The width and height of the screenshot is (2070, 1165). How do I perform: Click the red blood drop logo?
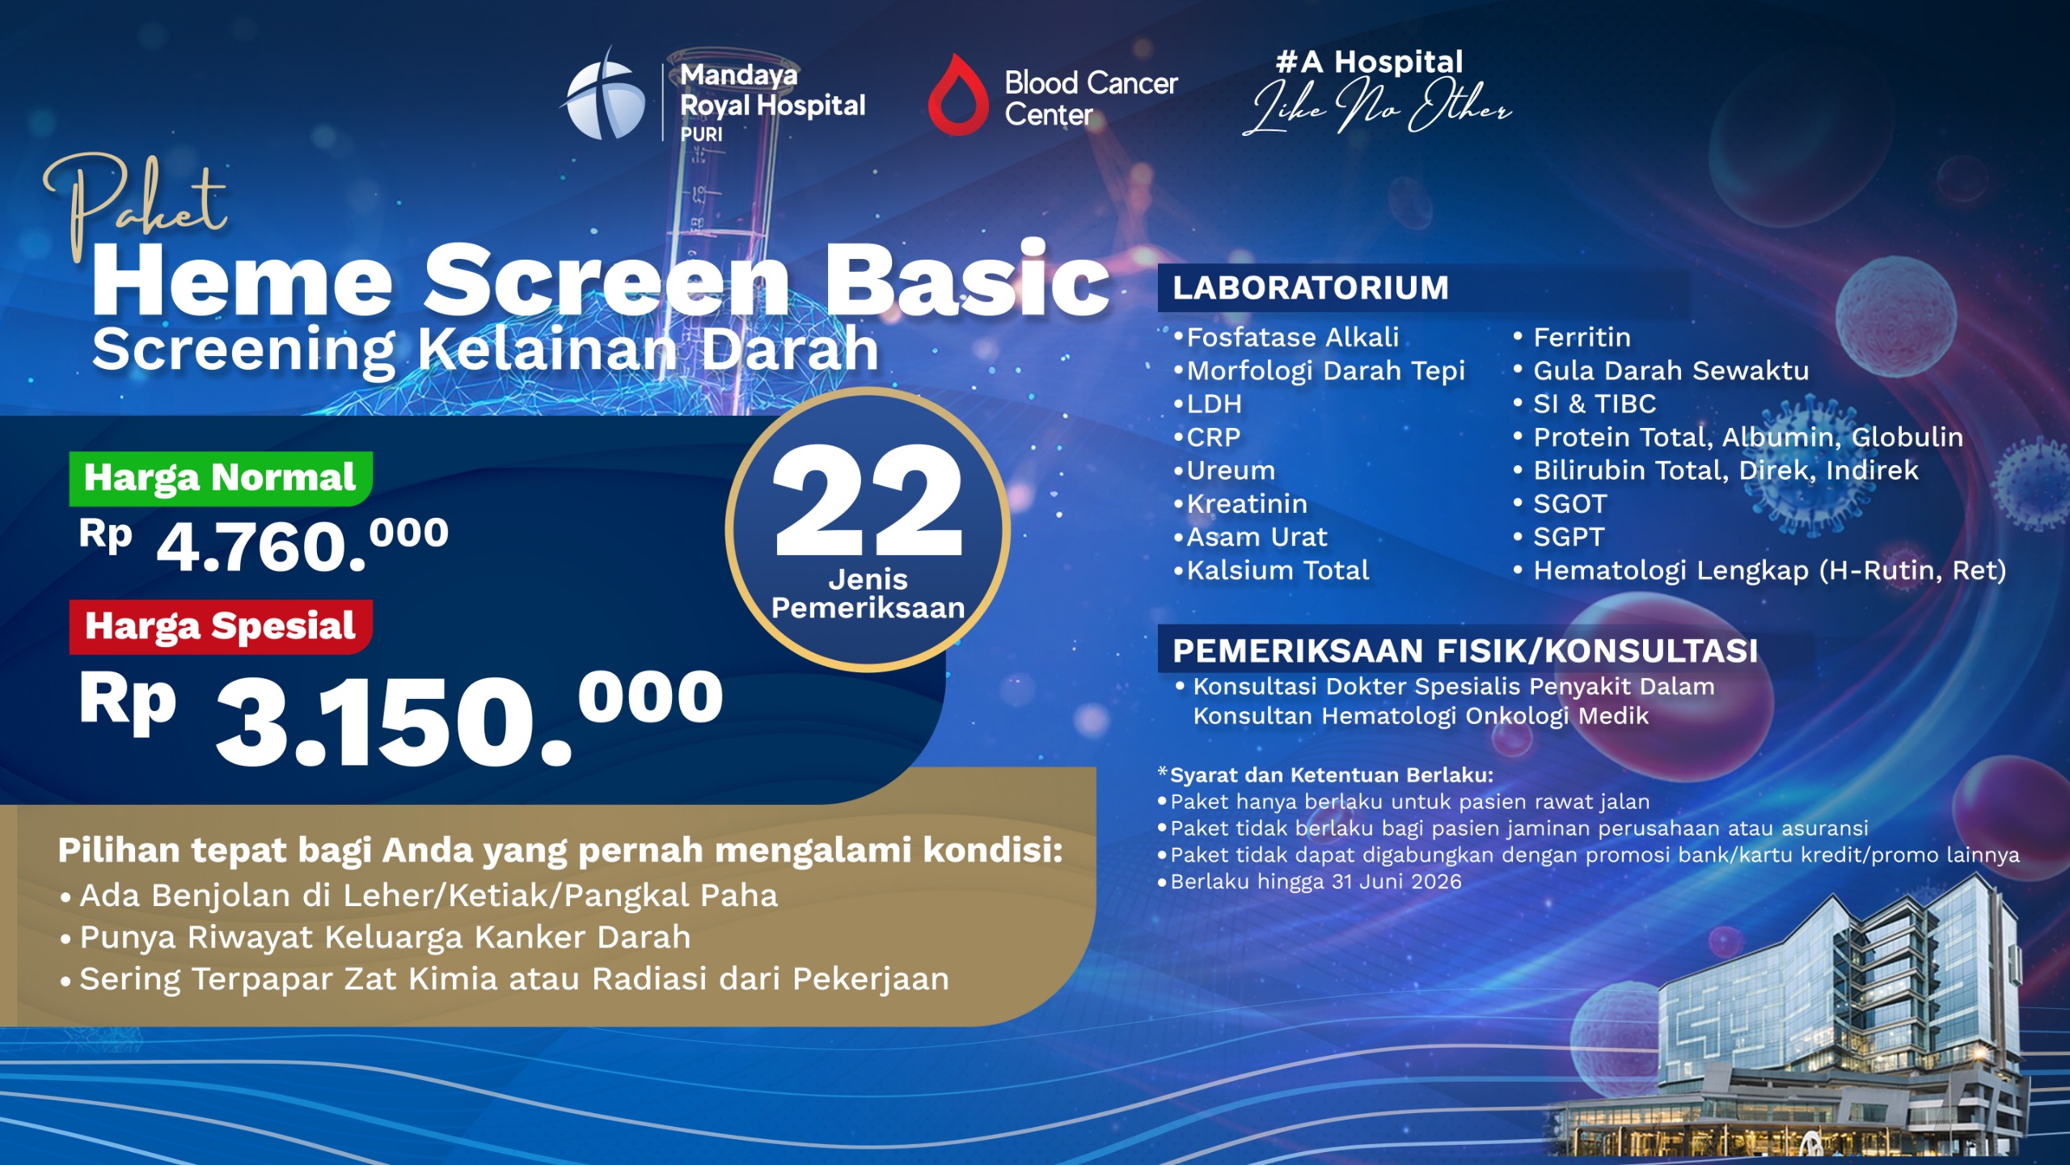[x=958, y=95]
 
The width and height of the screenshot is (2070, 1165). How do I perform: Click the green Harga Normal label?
[x=220, y=478]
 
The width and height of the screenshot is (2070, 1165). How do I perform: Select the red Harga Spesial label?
[x=220, y=627]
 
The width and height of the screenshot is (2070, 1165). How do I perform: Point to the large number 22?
[x=868, y=502]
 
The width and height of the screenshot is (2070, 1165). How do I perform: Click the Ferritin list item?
[x=1582, y=337]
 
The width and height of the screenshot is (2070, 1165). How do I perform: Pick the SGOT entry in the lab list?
[x=1569, y=504]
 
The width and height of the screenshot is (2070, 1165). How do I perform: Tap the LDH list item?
[x=1214, y=404]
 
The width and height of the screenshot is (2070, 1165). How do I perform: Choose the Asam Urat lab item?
[x=1257, y=537]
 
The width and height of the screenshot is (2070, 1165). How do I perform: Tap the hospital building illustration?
[x=1819, y=1036]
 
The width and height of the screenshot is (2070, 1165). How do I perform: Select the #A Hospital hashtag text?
[x=1370, y=61]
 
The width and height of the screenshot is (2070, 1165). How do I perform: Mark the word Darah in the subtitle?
[x=789, y=349]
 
